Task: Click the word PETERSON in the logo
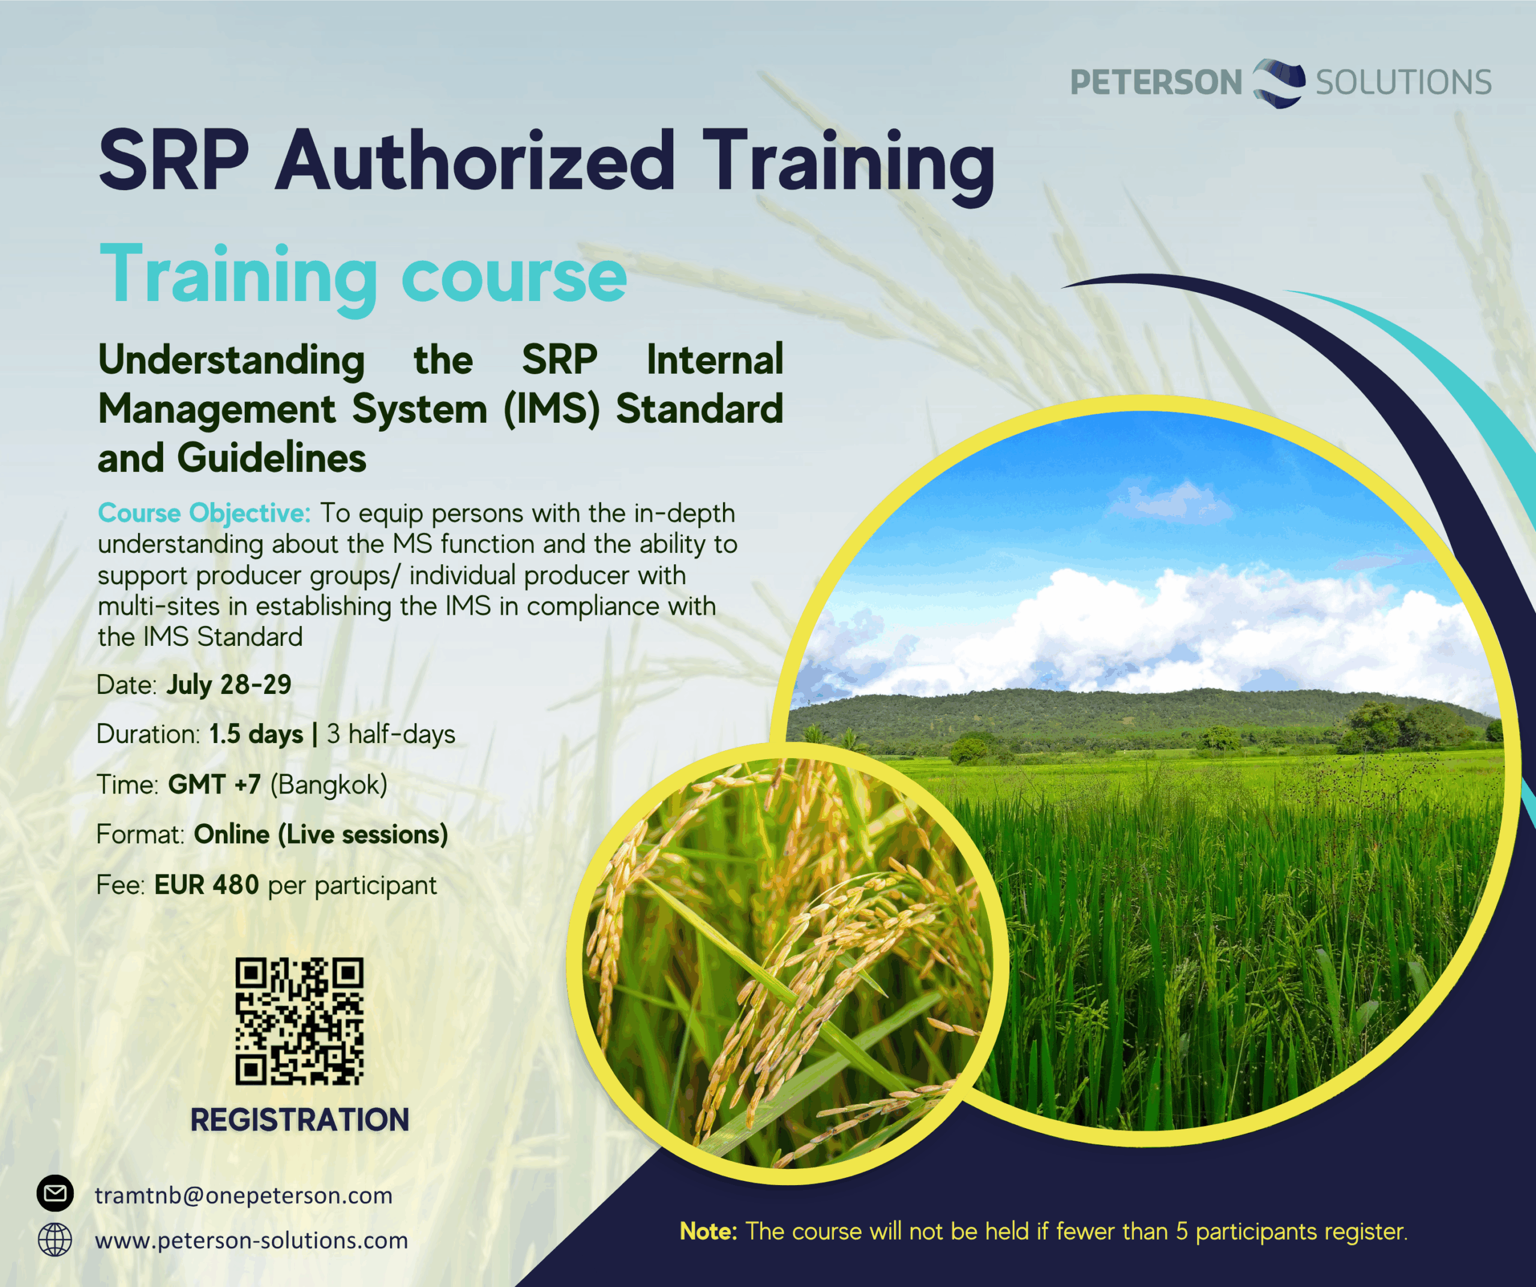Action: click(1156, 82)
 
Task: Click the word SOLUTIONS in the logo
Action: click(1403, 82)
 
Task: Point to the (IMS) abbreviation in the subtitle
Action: click(551, 409)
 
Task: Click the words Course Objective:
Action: click(204, 513)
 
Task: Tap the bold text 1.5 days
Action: click(256, 733)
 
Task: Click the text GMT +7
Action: click(214, 784)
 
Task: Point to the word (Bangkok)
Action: click(328, 784)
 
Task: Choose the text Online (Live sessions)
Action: click(321, 834)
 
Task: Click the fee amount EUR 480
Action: click(206, 885)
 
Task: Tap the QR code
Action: click(299, 1021)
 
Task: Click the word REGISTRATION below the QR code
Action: click(300, 1120)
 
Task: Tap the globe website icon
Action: click(55, 1240)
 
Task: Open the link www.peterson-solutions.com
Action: click(251, 1241)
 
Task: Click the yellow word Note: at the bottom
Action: click(709, 1231)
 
